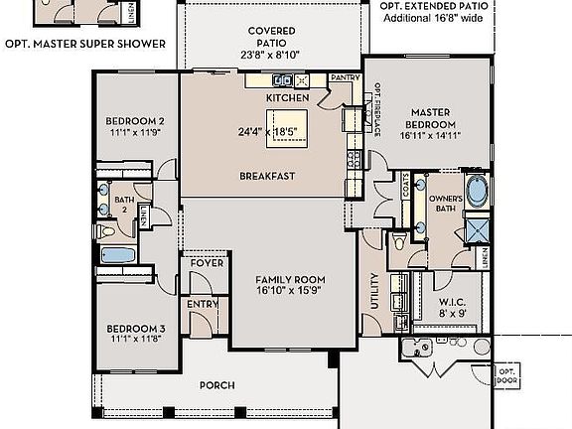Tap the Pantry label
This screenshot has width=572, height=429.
[345, 77]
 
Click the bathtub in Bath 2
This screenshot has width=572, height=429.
[118, 256]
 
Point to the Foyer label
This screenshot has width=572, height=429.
[207, 263]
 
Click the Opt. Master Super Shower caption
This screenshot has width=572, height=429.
[84, 45]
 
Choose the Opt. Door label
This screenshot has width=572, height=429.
[507, 376]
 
